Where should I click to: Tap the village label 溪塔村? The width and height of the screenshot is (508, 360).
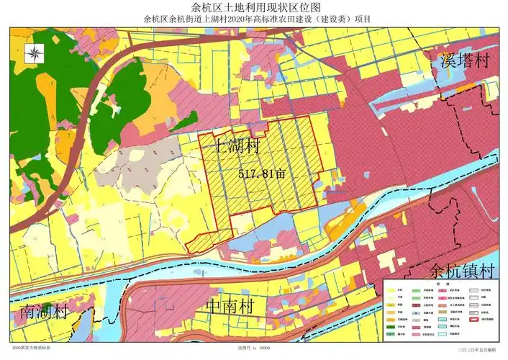tap(464, 60)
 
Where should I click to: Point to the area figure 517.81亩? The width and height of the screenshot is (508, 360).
tap(262, 174)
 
